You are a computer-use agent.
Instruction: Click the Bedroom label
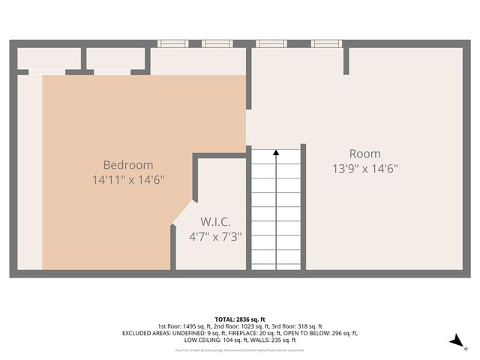[x=127, y=165]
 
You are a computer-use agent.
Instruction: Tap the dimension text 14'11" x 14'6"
[x=127, y=180]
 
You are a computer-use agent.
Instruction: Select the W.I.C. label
[x=215, y=222]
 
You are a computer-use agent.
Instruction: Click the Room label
[x=364, y=154]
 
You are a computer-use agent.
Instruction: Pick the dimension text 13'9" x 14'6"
[x=364, y=169]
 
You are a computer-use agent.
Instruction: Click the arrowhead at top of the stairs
[x=276, y=153]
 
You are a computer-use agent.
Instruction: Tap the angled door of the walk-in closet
[x=182, y=213]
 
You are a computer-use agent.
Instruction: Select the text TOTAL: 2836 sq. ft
[x=240, y=319]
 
